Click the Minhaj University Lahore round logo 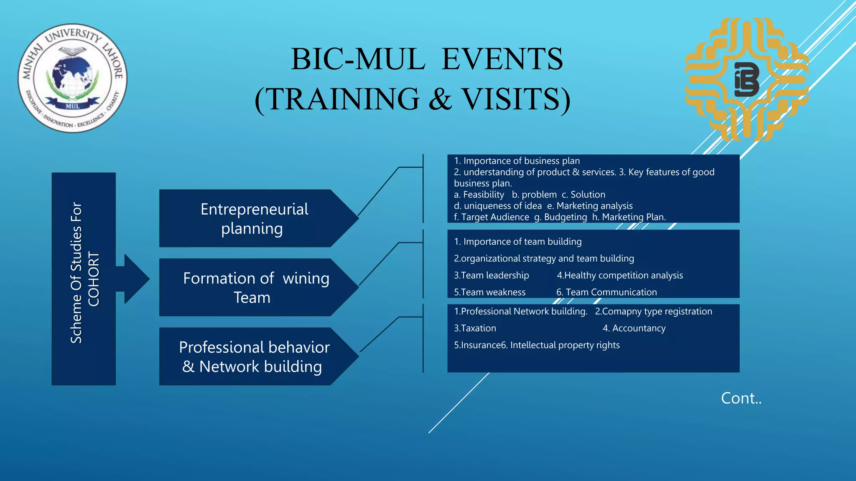(x=72, y=78)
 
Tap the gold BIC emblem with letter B (x=746, y=79)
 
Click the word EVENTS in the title (x=502, y=59)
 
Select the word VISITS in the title (x=515, y=99)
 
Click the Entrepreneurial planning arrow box (x=254, y=218)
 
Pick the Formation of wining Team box (x=254, y=287)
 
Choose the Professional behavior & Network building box (x=254, y=357)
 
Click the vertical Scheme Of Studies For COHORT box (x=84, y=278)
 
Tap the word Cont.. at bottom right (x=741, y=398)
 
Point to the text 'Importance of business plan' (x=521, y=161)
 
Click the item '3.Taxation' (x=475, y=328)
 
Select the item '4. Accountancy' (x=634, y=328)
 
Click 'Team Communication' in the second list (x=611, y=292)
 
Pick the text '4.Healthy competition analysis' (x=619, y=275)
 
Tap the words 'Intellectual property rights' (x=565, y=345)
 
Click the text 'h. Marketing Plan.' (x=629, y=217)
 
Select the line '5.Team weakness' (x=489, y=292)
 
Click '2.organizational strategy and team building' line (x=544, y=258)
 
